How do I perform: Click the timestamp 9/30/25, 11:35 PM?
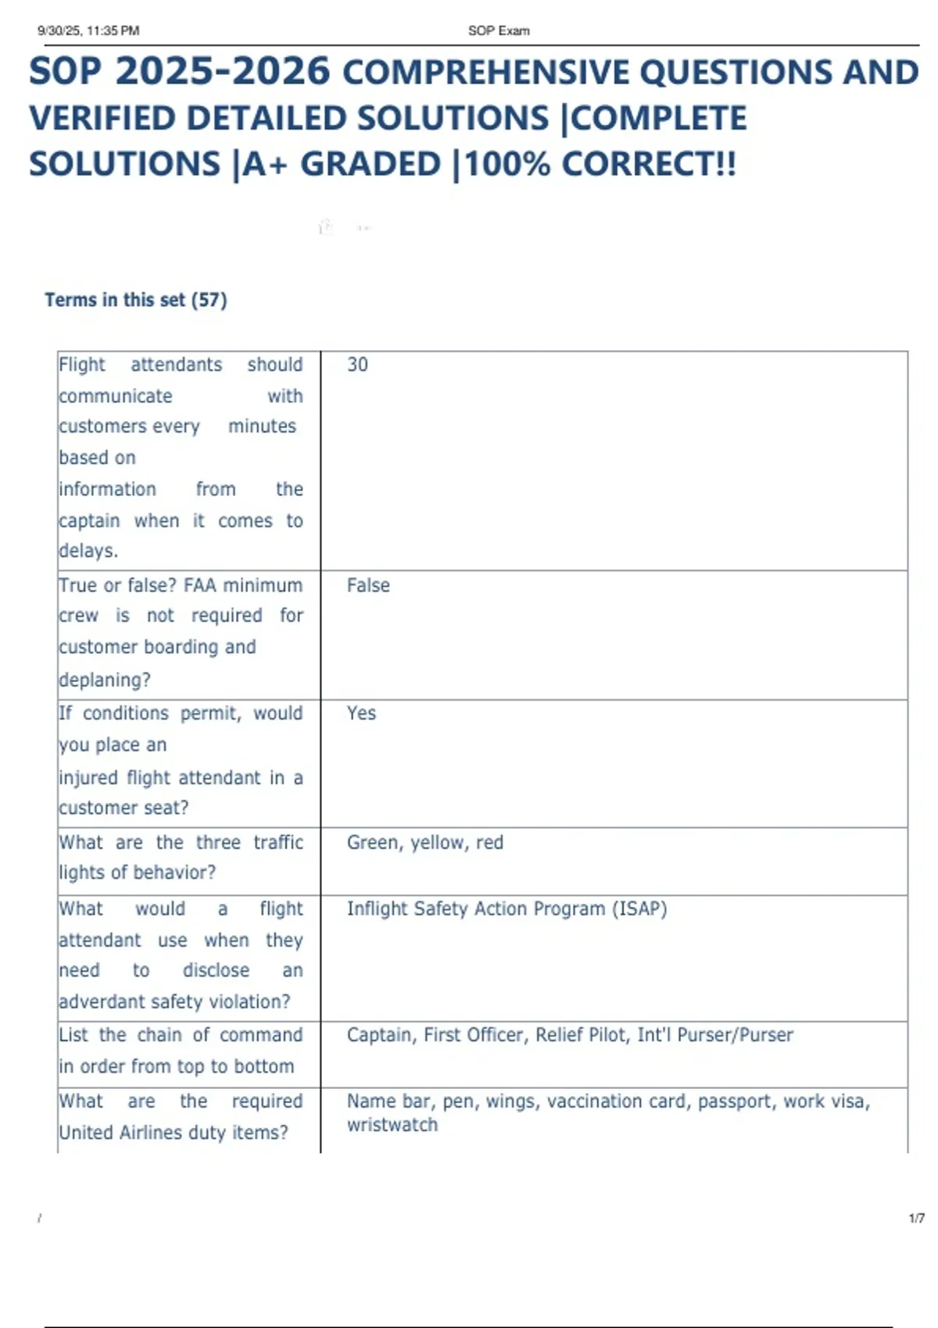point(88,31)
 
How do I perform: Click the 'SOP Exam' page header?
point(499,31)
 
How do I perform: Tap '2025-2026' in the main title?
point(223,72)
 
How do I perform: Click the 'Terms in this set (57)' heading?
point(135,300)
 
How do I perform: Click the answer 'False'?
point(368,586)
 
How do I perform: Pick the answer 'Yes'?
point(361,713)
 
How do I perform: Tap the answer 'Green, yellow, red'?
point(424,843)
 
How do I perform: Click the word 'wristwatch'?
point(392,1125)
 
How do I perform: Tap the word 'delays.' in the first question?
point(88,552)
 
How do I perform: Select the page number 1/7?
point(916,1219)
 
